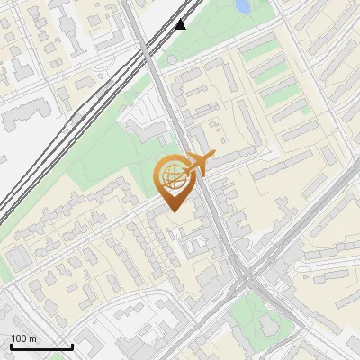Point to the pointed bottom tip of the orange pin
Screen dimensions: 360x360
(x=173, y=211)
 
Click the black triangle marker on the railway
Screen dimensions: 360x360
(x=181, y=24)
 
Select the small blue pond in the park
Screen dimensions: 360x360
(x=242, y=6)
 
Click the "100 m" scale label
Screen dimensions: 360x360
(x=23, y=338)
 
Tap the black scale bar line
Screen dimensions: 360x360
(x=41, y=346)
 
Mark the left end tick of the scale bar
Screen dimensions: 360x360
(x=11, y=345)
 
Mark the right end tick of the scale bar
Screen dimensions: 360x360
(x=72, y=345)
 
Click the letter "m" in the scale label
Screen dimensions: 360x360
(x=32, y=338)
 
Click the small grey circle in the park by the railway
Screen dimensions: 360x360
(x=172, y=60)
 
